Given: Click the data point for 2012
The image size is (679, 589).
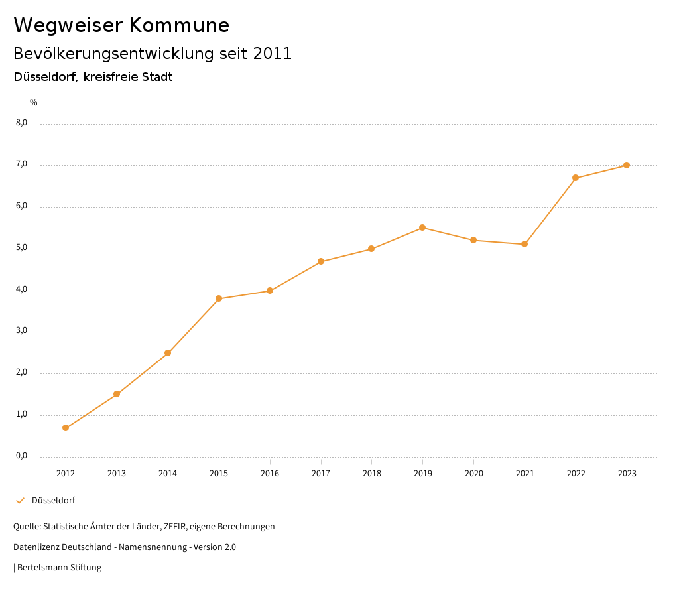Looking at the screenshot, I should pyautogui.click(x=66, y=428).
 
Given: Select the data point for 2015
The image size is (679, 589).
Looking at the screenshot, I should pyautogui.click(x=219, y=298).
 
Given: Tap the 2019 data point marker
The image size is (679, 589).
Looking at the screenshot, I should pyautogui.click(x=422, y=228).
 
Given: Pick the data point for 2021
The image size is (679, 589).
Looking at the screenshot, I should pyautogui.click(x=525, y=244).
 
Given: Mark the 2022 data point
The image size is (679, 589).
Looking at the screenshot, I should pyautogui.click(x=576, y=178).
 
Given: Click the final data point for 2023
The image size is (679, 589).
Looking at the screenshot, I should pyautogui.click(x=627, y=165).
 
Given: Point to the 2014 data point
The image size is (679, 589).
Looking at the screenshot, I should pyautogui.click(x=168, y=353).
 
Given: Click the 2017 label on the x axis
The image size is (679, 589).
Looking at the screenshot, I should pyautogui.click(x=321, y=474).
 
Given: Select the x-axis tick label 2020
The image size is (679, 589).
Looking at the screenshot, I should pyautogui.click(x=473, y=474).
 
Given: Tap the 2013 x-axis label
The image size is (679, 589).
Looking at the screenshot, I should pyautogui.click(x=117, y=474).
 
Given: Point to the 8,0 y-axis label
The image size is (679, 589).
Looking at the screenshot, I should pyautogui.click(x=22, y=123).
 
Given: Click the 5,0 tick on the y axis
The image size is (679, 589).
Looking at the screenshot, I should pyautogui.click(x=22, y=248).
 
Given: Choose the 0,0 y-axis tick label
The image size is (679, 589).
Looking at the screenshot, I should pyautogui.click(x=22, y=456).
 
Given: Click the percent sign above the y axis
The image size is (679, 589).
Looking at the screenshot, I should pyautogui.click(x=34, y=103).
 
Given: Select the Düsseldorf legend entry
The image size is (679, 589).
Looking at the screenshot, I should pyautogui.click(x=53, y=501).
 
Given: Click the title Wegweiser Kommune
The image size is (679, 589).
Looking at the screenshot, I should pyautogui.click(x=121, y=25).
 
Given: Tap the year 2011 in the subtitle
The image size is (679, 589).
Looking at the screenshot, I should pyautogui.click(x=273, y=54).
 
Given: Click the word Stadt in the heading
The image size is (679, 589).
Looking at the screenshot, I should pyautogui.click(x=158, y=77).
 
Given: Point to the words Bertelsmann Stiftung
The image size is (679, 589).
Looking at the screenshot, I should pyautogui.click(x=59, y=568).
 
